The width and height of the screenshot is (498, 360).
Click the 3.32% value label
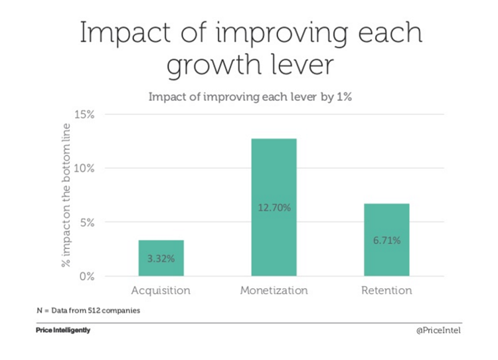coord(161,258)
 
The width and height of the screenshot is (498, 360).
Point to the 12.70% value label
coord(274,208)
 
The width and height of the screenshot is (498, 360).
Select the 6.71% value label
coord(386,240)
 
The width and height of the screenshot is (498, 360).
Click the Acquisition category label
coord(161,291)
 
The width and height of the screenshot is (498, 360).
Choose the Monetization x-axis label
coord(274,291)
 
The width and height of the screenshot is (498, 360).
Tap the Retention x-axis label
coord(386,291)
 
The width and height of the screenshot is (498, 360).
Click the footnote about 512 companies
coord(88,310)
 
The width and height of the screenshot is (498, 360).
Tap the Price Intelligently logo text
coord(63,331)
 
